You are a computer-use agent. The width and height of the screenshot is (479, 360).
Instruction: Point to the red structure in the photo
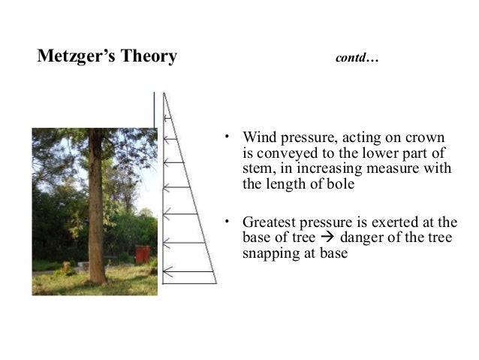coord(142,254)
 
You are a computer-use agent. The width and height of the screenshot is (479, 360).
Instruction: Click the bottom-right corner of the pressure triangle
coord(216,283)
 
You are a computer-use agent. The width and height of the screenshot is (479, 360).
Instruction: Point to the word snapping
coord(270,253)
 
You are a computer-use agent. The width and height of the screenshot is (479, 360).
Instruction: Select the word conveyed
coord(283,154)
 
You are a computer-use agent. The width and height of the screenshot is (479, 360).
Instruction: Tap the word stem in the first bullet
coord(257,169)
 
